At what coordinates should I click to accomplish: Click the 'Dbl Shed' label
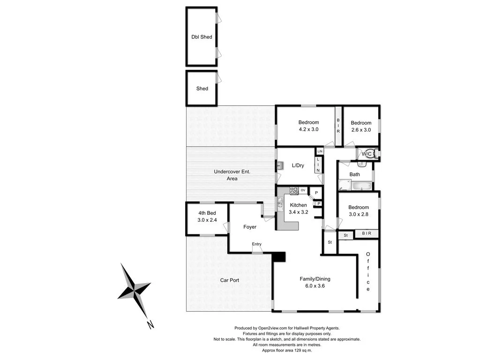coord(202,37)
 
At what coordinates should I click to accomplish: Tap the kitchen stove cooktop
coord(294,190)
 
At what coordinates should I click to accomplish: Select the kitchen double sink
coord(280,202)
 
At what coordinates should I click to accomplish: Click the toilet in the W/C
coord(375,154)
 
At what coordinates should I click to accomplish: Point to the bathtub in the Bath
coord(361,186)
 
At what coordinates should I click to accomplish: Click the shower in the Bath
coord(345,185)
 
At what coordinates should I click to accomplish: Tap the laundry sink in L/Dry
coord(280,165)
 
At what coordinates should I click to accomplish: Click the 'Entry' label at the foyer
coord(256,244)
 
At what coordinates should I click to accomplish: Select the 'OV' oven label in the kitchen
coord(303,190)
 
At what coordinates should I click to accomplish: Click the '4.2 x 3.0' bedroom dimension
coord(308,129)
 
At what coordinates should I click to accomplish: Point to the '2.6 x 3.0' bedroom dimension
coord(361,130)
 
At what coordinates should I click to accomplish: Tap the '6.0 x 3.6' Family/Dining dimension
coord(315,286)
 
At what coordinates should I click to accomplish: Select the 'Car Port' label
coord(230,280)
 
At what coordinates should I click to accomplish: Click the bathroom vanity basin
coord(361,164)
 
